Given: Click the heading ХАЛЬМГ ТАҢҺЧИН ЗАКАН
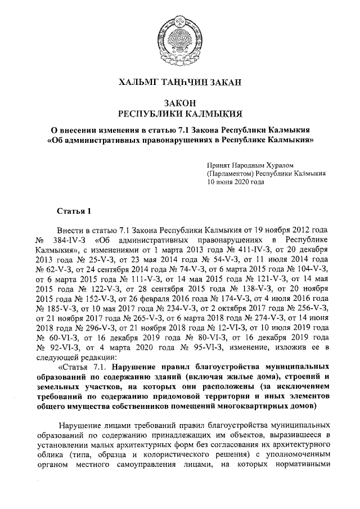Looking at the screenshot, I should point(180,83).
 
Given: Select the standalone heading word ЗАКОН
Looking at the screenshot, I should point(179,103).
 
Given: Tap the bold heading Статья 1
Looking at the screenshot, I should point(74,211).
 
